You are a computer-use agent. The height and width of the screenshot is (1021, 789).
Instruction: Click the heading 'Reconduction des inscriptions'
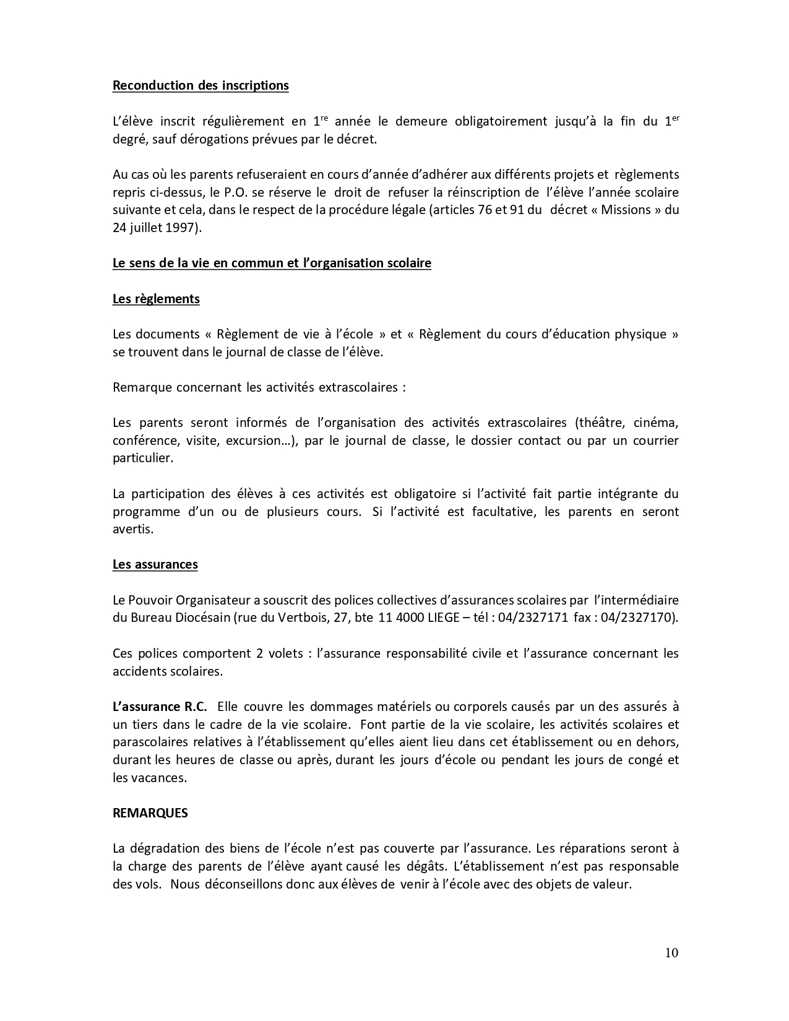pyautogui.click(x=200, y=85)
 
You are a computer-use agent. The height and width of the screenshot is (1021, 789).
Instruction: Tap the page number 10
pyautogui.click(x=671, y=952)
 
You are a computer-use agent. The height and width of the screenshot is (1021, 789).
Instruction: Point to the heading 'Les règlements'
pyautogui.click(x=156, y=299)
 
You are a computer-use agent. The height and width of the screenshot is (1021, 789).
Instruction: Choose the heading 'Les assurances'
pyautogui.click(x=155, y=564)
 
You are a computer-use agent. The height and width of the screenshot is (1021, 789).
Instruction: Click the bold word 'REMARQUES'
pyautogui.click(x=150, y=813)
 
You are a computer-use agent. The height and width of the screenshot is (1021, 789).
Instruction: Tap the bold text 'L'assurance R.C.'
pyautogui.click(x=160, y=707)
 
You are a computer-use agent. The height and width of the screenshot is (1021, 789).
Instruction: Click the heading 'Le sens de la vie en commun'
pyautogui.click(x=272, y=263)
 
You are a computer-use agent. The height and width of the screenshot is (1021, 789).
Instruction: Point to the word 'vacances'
pyautogui.click(x=157, y=777)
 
